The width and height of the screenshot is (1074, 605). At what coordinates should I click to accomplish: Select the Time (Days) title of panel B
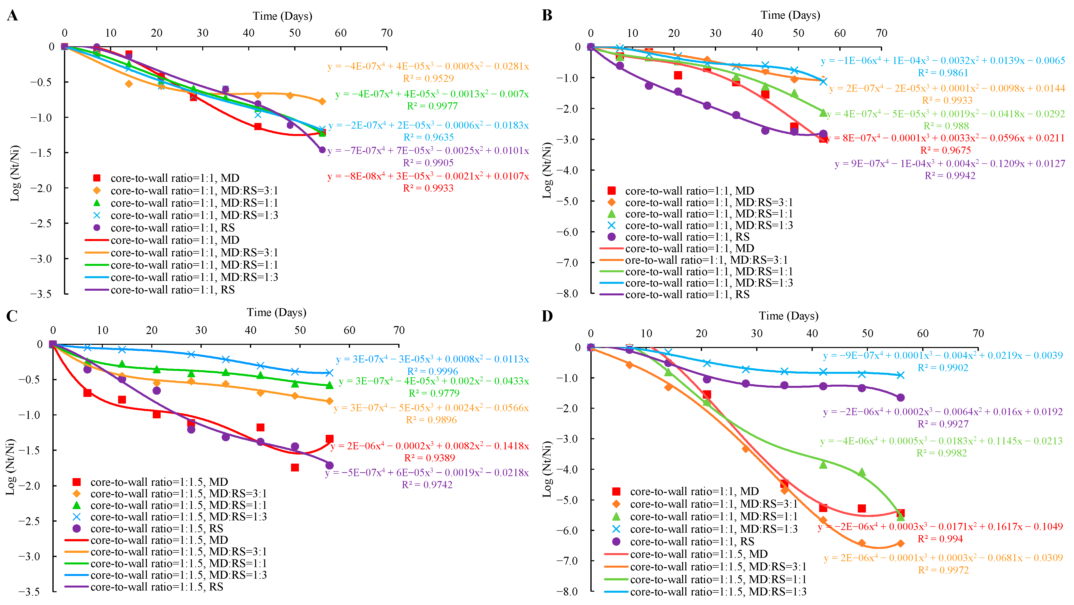[790, 15]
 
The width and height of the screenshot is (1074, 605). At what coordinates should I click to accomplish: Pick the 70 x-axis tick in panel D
[978, 333]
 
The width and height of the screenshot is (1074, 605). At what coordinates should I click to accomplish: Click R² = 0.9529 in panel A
[428, 78]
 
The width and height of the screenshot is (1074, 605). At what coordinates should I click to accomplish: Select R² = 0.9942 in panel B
[950, 176]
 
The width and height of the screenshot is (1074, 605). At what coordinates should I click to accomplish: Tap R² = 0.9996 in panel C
[432, 371]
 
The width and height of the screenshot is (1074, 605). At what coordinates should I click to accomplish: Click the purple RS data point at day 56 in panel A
[322, 150]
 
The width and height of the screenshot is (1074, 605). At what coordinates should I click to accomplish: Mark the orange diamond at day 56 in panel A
[322, 101]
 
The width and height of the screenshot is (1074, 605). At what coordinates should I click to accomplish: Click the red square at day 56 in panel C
[329, 439]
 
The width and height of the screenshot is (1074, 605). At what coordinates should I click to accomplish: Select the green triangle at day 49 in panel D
[862, 472]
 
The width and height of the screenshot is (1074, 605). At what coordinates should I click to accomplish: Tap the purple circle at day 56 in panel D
[901, 398]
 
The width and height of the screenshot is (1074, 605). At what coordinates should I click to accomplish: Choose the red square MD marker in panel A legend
[97, 178]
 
